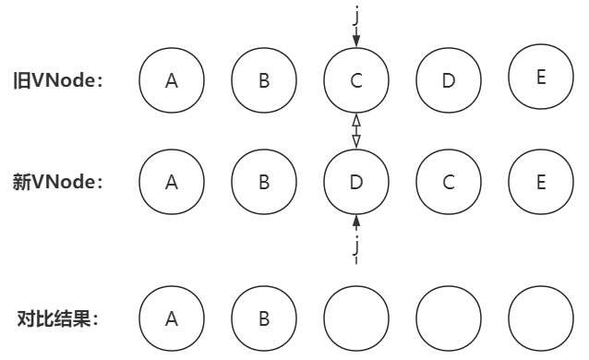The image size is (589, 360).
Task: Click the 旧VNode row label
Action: tap(58, 80)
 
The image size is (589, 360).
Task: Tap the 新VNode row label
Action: tap(58, 182)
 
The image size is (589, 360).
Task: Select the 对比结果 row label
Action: tap(57, 319)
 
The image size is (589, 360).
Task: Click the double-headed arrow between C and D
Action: tap(356, 131)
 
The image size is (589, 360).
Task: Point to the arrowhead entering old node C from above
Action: tap(356, 41)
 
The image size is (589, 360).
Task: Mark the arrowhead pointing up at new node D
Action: tap(356, 221)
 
